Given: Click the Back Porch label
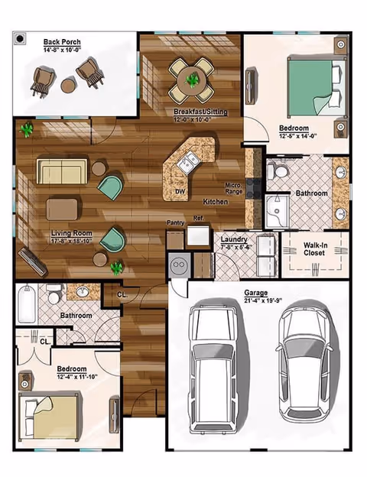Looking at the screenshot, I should pos(63,41).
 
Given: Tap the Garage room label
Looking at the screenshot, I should pos(255,293).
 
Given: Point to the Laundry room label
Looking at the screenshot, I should pos(233,239).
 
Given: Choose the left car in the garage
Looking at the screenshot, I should pos(217,365).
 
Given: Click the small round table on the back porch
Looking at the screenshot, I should pos(68,86).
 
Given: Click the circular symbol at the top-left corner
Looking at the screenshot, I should pos(21,37).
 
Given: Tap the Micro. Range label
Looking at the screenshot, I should pos(233,188).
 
